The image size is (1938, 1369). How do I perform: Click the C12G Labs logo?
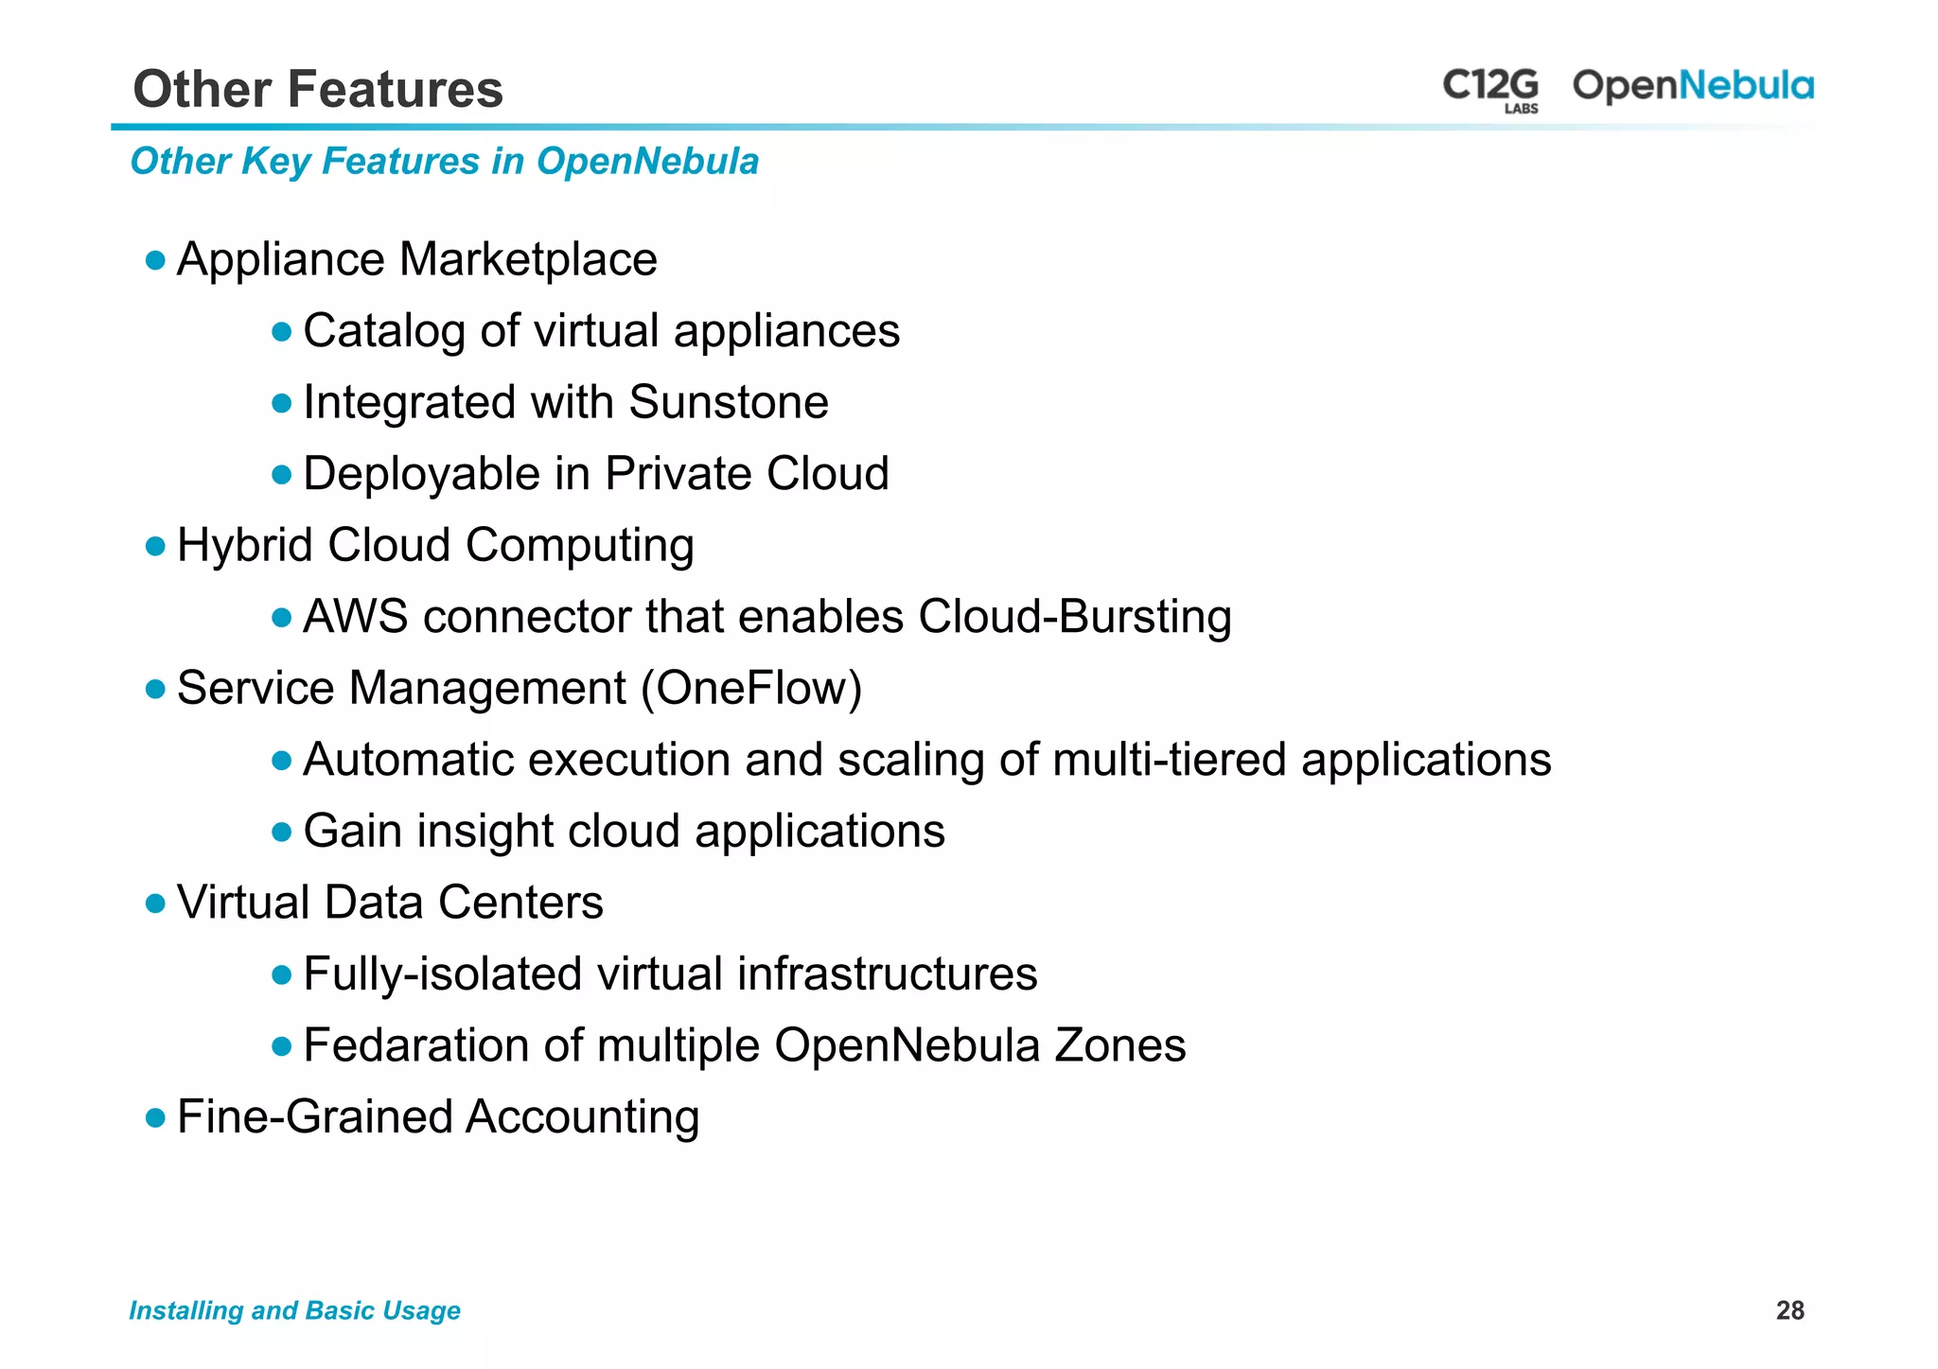(1490, 89)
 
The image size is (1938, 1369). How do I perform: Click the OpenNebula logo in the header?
(1693, 86)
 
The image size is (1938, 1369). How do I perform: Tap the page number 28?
(1789, 1310)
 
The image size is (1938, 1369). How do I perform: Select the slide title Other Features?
(318, 89)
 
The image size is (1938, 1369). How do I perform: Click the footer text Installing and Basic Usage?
(294, 1310)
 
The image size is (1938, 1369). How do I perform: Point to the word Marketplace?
(528, 259)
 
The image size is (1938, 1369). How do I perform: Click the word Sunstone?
(729, 402)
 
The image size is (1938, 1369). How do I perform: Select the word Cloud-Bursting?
(1074, 617)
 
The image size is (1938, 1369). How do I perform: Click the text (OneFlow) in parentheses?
(751, 688)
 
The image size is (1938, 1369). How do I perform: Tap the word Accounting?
(582, 1117)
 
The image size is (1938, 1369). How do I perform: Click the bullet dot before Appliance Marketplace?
(156, 260)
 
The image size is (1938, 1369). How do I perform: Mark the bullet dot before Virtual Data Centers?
(156, 904)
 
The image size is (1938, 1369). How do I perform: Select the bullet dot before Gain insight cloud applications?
(281, 833)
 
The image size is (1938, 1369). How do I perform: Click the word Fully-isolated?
(442, 974)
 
